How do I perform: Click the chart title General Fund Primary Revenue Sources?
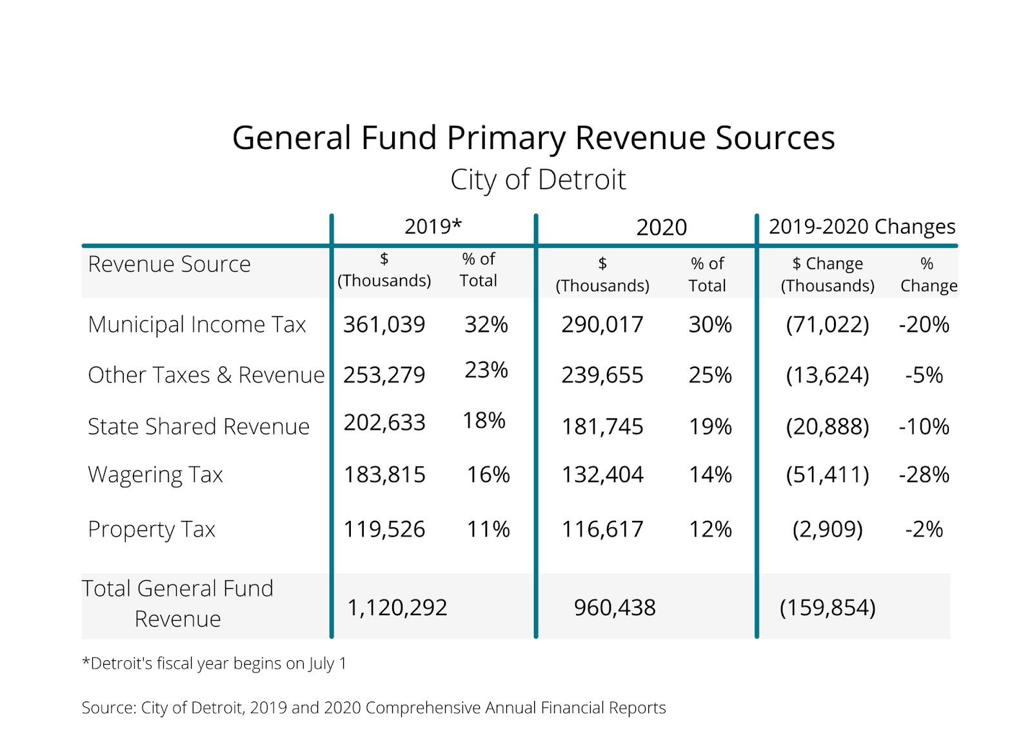click(533, 138)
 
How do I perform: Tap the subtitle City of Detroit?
click(538, 180)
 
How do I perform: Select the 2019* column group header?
click(433, 227)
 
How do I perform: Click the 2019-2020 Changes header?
click(862, 227)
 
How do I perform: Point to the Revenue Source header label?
click(169, 264)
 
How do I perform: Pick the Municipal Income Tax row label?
click(197, 325)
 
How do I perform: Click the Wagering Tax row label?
click(155, 475)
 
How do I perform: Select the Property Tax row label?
click(152, 529)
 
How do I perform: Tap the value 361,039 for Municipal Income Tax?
click(384, 325)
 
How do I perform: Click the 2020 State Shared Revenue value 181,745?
click(602, 427)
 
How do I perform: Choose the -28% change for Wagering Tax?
click(924, 475)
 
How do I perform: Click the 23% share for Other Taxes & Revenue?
click(486, 370)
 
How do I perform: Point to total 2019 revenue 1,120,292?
click(397, 607)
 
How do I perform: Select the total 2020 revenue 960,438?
click(615, 607)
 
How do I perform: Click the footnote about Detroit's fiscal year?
click(214, 663)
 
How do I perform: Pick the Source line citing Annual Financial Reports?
click(373, 708)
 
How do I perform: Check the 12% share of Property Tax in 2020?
click(710, 529)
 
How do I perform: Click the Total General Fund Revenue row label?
click(178, 603)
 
